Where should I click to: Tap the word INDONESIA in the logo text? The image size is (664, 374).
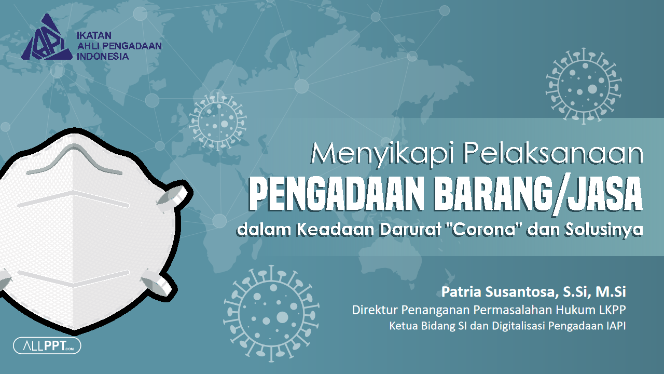click(102, 56)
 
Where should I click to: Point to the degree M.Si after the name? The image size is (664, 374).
click(612, 291)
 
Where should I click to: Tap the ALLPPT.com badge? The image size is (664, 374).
click(47, 345)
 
